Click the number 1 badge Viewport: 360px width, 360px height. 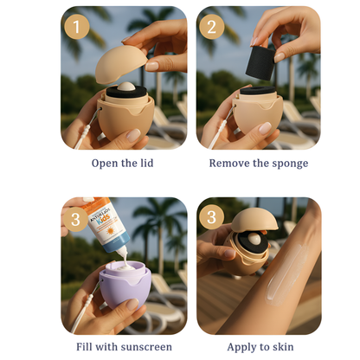click(77, 27)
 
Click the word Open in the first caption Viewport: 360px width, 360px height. click(106, 163)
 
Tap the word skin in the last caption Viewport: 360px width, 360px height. click(282, 347)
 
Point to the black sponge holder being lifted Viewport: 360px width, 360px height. click(260, 60)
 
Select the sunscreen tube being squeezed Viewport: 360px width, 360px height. click(108, 229)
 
